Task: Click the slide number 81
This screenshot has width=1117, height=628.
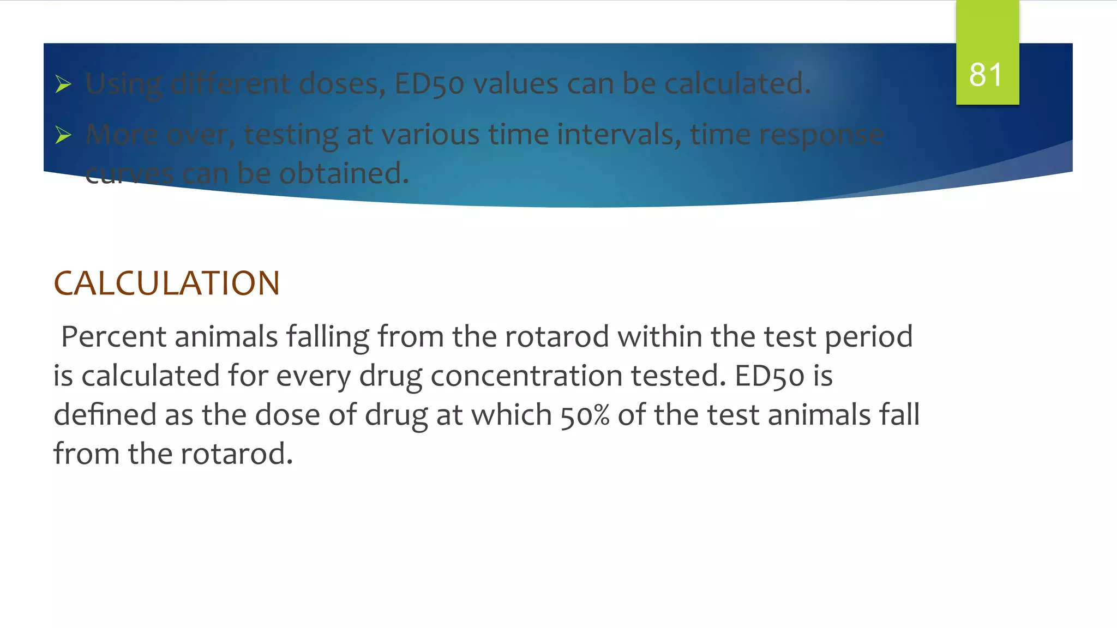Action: click(986, 75)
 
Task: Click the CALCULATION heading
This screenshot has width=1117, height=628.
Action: click(166, 283)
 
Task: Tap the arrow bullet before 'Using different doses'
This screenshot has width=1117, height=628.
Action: click(63, 84)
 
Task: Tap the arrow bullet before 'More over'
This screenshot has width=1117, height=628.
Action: click(63, 135)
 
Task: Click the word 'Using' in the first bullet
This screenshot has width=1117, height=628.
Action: click(124, 84)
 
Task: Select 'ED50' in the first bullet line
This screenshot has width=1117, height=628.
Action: click(429, 84)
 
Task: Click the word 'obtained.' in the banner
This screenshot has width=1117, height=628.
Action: click(344, 173)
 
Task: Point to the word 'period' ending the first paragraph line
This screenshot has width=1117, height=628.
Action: click(868, 337)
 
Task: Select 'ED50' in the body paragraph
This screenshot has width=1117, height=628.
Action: click(769, 376)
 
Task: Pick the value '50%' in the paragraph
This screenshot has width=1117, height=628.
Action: click(585, 415)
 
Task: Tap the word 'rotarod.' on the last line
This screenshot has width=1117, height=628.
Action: click(237, 454)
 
